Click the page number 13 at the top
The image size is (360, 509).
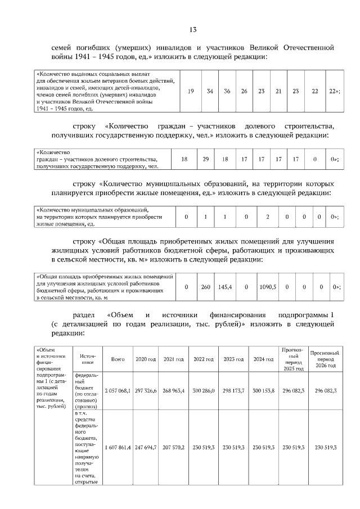[193, 29]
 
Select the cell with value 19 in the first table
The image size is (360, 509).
[191, 91]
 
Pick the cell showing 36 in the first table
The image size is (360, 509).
[227, 91]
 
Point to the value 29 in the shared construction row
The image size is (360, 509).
[206, 160]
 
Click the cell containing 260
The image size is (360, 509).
[206, 287]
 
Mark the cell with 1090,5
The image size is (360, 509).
[267, 287]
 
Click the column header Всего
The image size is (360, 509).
[118, 359]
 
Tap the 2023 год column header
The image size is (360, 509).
[233, 359]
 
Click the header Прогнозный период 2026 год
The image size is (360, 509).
[324, 359]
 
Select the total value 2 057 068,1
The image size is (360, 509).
[118, 390]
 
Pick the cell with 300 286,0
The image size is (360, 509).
[203, 390]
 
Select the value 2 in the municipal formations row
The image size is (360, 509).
[267, 217]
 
